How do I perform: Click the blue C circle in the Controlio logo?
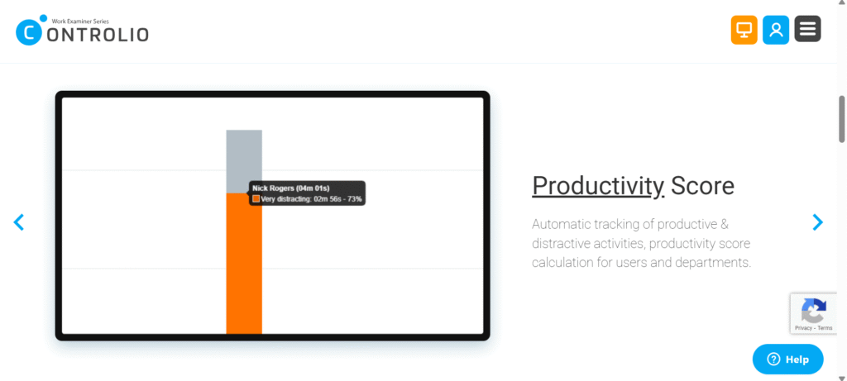point(28,33)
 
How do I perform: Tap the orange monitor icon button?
point(744,30)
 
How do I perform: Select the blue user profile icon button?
point(776,30)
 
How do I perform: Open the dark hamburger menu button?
point(807,29)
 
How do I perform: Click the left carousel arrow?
point(19,221)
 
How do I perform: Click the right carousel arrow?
point(817,221)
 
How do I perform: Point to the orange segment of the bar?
point(244,273)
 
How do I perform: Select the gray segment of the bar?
point(244,157)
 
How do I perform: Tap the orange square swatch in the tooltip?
point(256,199)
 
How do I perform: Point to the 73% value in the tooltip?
point(354,199)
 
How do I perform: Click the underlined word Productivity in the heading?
point(597,185)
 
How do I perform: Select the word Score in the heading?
point(703,185)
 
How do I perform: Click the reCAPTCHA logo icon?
point(814,311)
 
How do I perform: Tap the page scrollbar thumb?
point(842,120)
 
